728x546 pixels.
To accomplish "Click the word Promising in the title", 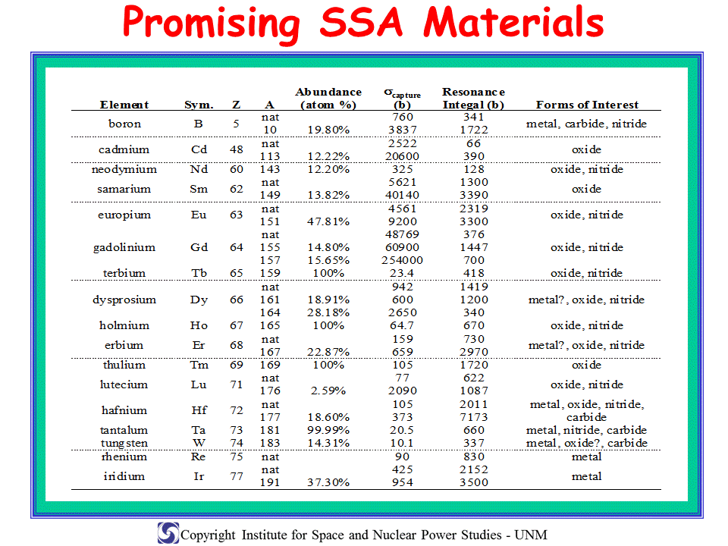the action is [x=212, y=24].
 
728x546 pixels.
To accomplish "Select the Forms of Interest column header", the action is [x=587, y=105].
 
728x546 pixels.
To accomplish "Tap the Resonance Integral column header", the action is [x=473, y=99].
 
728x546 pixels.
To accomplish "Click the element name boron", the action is [x=124, y=124].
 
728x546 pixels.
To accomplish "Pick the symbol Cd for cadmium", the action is [x=199, y=149].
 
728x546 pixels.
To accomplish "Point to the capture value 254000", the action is [x=402, y=260].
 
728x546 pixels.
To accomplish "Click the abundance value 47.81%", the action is [x=328, y=221].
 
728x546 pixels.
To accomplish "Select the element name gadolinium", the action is [x=124, y=247].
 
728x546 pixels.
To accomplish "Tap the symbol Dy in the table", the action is [x=199, y=300].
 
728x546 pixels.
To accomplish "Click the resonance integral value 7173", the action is [x=473, y=417].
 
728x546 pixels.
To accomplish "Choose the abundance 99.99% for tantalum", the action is [x=328, y=431].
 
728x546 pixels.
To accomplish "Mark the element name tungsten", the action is [x=124, y=444].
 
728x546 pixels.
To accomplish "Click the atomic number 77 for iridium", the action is [x=237, y=476].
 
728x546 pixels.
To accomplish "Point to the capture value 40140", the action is [x=402, y=195].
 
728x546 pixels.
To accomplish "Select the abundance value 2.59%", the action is [x=328, y=391].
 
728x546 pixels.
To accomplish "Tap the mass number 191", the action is [x=270, y=482].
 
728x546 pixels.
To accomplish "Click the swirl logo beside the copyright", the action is [x=168, y=533].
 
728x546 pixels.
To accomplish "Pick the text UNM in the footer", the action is [x=531, y=535].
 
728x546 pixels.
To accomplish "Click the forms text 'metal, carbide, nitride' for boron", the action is [x=586, y=124].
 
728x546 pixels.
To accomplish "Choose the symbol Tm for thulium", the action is [x=199, y=365].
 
